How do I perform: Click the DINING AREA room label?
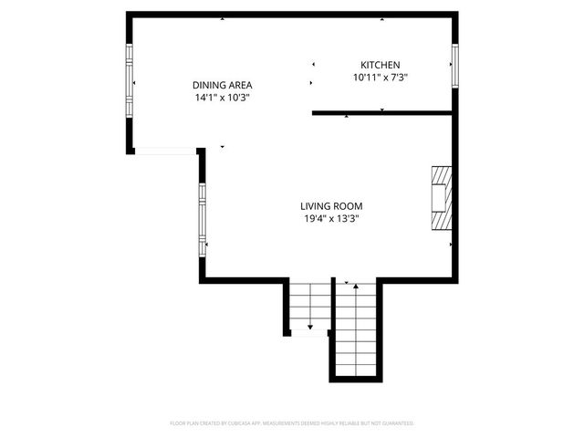click(222, 85)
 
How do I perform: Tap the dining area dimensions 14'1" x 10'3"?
click(222, 97)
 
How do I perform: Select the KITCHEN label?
click(381, 65)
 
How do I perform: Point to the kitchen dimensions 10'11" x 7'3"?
click(381, 78)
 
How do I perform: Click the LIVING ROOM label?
click(332, 206)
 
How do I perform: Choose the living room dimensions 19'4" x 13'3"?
click(332, 218)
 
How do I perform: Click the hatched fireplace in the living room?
click(442, 199)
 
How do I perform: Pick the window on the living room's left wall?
click(203, 220)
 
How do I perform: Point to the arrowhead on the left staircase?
click(310, 326)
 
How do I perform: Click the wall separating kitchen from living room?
click(383, 112)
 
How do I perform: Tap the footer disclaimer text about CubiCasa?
click(292, 423)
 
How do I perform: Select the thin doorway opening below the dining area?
click(165, 151)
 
